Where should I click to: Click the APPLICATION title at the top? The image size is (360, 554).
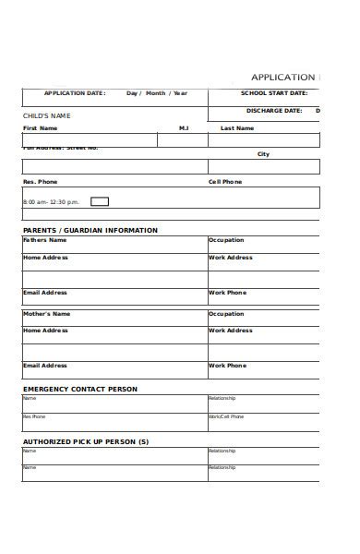(x=282, y=78)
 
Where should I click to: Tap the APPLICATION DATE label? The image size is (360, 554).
(x=75, y=93)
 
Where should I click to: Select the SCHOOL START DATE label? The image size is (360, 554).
(x=274, y=93)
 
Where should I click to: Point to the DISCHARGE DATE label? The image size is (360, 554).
(x=275, y=111)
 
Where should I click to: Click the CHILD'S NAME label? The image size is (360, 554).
(x=46, y=115)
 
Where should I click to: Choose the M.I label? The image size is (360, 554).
(x=184, y=128)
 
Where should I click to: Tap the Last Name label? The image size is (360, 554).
(x=237, y=128)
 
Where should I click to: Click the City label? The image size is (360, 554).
(x=263, y=154)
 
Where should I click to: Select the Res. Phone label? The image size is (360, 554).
(x=40, y=182)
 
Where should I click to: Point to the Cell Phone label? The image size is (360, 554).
(x=225, y=182)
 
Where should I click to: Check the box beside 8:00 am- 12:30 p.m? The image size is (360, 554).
(x=100, y=201)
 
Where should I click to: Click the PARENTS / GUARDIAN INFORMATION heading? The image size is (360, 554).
(x=90, y=230)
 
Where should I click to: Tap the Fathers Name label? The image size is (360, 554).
(x=44, y=240)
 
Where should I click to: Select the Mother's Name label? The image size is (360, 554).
(x=46, y=314)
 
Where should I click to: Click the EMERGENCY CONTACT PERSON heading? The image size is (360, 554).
(x=79, y=389)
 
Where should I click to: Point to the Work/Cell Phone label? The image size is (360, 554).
(x=226, y=416)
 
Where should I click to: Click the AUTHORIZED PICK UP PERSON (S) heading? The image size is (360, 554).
(x=85, y=441)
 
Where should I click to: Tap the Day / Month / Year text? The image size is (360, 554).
(x=157, y=93)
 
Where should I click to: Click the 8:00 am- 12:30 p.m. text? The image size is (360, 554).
(x=51, y=201)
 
